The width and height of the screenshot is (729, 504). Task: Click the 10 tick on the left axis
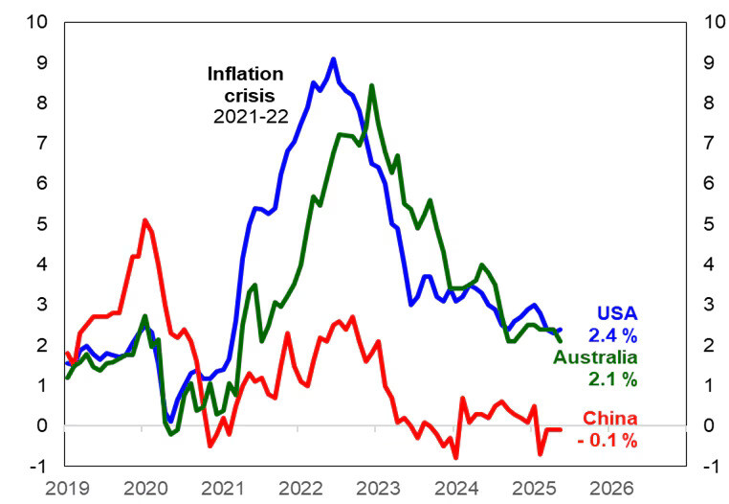coord(35,21)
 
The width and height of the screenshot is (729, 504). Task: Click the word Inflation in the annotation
coord(246,74)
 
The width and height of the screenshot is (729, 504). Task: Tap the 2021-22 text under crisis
coord(246,116)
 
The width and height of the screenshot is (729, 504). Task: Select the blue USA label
coord(617,313)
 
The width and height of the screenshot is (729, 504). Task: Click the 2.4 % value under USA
coord(613,335)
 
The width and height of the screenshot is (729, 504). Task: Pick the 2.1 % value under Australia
coord(613,379)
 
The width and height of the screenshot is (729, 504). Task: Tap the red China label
coord(609,418)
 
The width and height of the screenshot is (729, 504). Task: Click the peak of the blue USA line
coord(333,59)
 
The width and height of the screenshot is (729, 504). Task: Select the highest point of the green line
coord(371,85)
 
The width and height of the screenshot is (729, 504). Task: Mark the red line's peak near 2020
coord(144,220)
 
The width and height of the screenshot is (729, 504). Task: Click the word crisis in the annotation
coord(246,95)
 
